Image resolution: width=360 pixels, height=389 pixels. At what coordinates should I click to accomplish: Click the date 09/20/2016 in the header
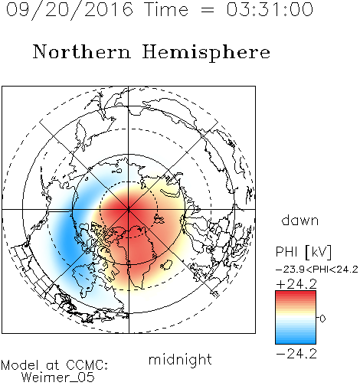[70, 10]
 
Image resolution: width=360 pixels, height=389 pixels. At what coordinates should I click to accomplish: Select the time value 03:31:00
[270, 9]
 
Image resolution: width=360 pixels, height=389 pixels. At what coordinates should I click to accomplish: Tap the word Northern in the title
[82, 52]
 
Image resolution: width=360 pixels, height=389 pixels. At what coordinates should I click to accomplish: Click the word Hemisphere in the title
[206, 53]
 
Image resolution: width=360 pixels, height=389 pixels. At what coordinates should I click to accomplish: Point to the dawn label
[300, 220]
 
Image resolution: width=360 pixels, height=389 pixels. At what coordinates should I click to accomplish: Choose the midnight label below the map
[180, 360]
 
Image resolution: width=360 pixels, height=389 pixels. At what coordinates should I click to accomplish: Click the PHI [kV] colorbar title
[303, 252]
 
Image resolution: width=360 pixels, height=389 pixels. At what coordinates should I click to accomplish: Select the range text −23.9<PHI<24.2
[317, 270]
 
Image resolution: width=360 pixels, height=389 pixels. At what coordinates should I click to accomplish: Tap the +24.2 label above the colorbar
[296, 284]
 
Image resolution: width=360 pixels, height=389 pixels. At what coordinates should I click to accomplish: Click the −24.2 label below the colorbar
[296, 354]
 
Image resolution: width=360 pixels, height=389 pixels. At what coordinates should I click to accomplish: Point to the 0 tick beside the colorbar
[322, 319]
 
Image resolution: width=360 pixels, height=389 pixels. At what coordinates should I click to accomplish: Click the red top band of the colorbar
[296, 294]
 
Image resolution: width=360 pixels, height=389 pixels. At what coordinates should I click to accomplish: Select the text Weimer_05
[58, 378]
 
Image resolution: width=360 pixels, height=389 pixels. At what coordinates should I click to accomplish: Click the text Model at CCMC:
[54, 365]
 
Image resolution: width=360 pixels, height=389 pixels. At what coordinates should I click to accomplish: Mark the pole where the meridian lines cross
[129, 210]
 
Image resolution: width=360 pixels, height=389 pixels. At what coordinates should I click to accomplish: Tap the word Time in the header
[166, 9]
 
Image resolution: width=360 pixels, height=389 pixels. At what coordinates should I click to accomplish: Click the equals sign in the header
[208, 10]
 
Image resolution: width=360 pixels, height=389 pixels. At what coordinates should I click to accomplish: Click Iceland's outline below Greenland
[166, 265]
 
